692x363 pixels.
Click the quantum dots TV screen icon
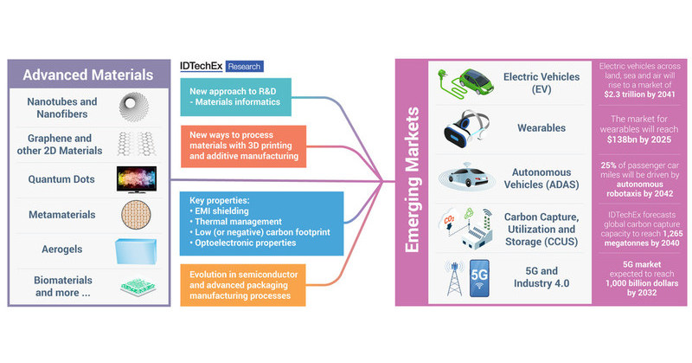[x=139, y=179]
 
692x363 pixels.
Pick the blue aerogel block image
[x=139, y=251]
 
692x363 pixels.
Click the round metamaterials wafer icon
[x=139, y=215]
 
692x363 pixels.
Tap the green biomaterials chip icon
[x=139, y=287]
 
